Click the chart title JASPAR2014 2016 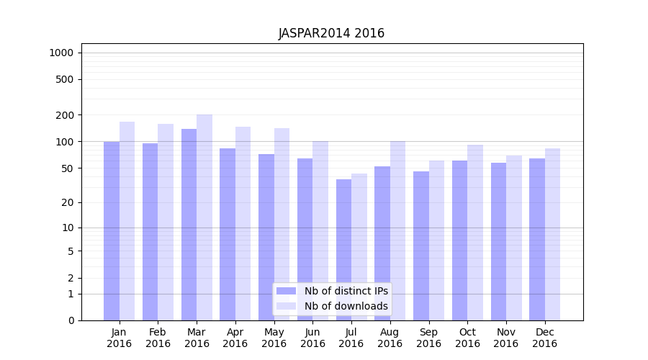click(331, 34)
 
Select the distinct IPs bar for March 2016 click(189, 224)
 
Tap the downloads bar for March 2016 click(204, 217)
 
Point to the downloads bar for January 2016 click(127, 220)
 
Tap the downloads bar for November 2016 click(514, 238)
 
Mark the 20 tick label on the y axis click(68, 202)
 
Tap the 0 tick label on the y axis click(71, 320)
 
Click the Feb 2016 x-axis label click(158, 338)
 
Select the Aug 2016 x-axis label click(390, 338)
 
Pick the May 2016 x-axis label click(274, 338)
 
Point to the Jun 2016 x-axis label click(312, 338)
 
